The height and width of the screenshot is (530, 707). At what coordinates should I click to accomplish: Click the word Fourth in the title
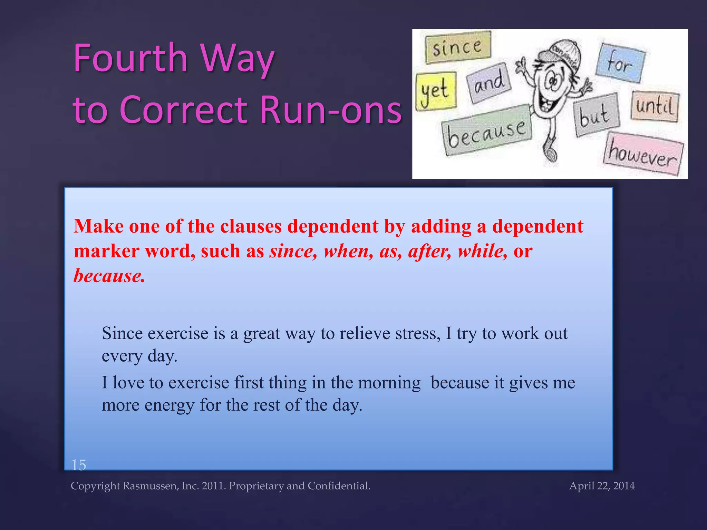[x=130, y=58]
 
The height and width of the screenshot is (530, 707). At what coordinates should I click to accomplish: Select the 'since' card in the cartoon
[x=457, y=47]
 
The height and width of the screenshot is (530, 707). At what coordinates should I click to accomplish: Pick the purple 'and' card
[x=488, y=83]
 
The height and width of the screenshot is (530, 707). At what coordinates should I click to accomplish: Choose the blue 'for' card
[x=620, y=63]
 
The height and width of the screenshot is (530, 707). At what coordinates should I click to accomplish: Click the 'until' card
[x=655, y=106]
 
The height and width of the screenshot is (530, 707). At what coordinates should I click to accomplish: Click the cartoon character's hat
[x=561, y=53]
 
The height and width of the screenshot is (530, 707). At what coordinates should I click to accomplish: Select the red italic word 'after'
[x=429, y=251]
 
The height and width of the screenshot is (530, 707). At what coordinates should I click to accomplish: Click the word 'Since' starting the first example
[x=122, y=334]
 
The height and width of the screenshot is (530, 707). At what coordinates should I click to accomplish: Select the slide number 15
[x=79, y=465]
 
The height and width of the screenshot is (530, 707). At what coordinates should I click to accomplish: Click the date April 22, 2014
[x=602, y=486]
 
